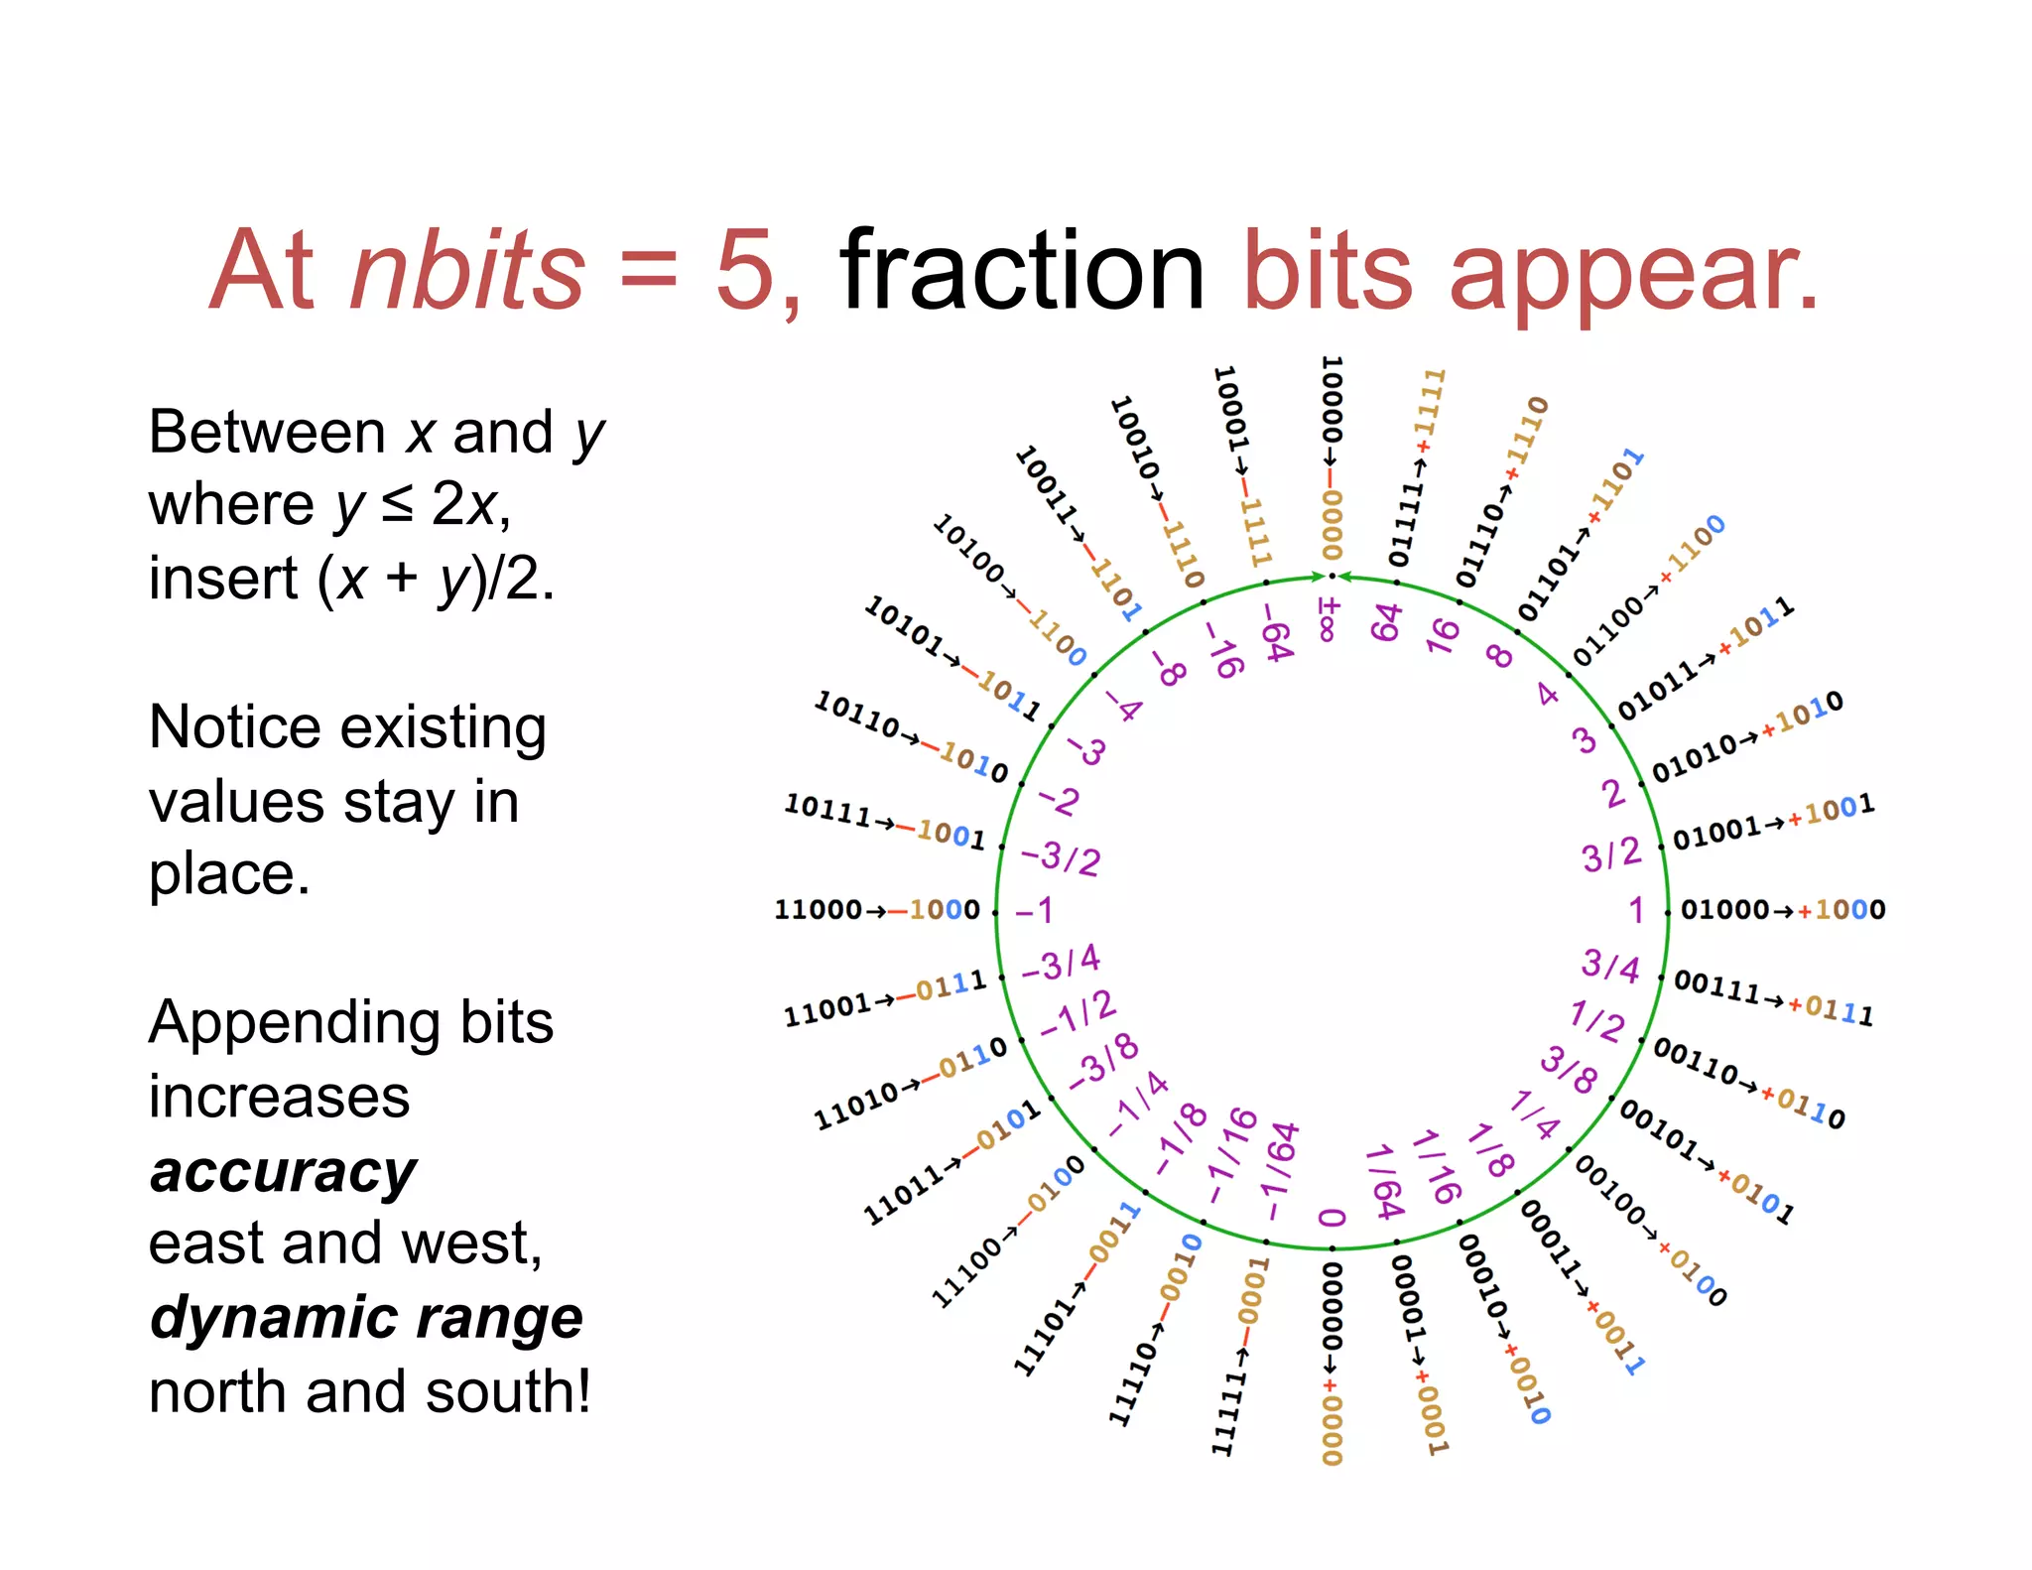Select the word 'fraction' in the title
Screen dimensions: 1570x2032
(x=1022, y=270)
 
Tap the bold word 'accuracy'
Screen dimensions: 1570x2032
(x=283, y=1172)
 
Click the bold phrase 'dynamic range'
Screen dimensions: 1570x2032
(x=366, y=1317)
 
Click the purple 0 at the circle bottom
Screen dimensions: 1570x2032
(x=1333, y=1218)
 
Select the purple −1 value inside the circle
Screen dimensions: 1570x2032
(x=1034, y=910)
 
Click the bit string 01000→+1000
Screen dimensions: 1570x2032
(x=1783, y=909)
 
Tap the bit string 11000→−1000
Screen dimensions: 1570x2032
(x=877, y=909)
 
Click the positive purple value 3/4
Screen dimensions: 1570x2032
(x=1609, y=965)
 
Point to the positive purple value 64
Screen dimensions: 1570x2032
(x=1386, y=622)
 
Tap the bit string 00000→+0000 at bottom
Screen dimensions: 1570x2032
(x=1333, y=1365)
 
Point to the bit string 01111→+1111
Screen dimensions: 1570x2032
(x=1418, y=466)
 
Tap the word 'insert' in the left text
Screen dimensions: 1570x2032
(x=223, y=578)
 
